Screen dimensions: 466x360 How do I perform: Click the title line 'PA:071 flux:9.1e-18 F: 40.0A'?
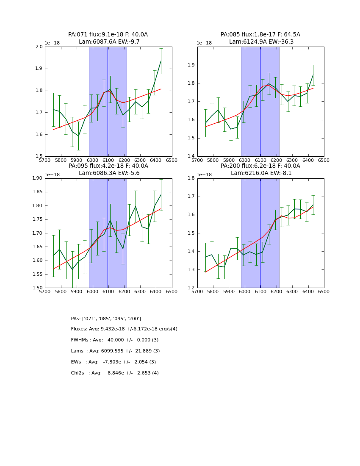coord(108,35)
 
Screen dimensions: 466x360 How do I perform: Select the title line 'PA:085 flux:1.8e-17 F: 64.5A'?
coord(260,35)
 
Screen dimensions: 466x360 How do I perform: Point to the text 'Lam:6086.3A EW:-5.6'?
coord(109,173)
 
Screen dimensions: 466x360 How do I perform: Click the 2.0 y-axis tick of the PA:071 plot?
coord(39,47)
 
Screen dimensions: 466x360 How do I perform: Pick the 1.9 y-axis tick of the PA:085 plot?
coord(191,65)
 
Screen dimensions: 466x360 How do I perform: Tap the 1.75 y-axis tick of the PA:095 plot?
coord(37,219)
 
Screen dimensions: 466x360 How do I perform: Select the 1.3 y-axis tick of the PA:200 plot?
coord(191,270)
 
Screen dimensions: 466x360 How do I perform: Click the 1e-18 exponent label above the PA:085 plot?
coord(204,43)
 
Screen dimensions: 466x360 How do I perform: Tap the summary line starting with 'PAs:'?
coord(106,319)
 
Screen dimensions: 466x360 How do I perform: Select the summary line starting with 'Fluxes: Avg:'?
coord(124,329)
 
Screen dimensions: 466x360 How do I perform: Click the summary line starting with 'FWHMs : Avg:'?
coord(115,340)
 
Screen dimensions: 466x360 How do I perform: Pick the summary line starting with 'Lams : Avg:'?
coord(115,351)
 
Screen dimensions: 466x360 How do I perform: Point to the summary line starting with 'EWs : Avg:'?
coord(114,362)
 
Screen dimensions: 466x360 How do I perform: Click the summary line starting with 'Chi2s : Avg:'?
coord(115,373)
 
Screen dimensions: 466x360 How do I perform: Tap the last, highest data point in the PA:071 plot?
coord(161,61)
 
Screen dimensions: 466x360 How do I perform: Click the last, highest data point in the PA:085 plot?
coord(313,75)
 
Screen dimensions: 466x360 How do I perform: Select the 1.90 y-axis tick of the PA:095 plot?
coord(37,178)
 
